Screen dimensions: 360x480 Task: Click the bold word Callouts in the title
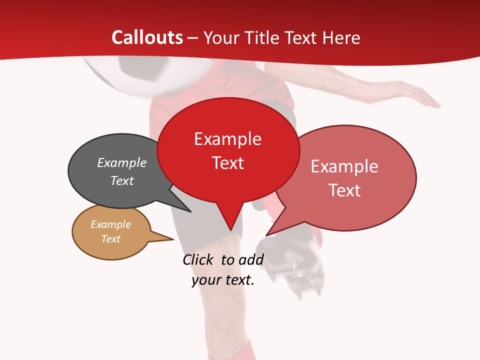pos(147,37)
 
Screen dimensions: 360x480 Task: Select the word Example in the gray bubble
pos(121,162)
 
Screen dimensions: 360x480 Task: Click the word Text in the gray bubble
pos(121,180)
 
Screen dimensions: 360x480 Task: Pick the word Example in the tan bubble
pos(110,224)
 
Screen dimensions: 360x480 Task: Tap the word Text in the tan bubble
pos(110,238)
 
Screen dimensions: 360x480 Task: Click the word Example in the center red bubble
pos(227,139)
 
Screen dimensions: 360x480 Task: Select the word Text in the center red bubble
pos(227,163)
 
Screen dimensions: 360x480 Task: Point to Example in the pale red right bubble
pos(344,166)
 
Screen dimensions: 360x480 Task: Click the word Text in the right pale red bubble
pos(344,190)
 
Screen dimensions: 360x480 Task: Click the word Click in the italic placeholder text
pos(199,259)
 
